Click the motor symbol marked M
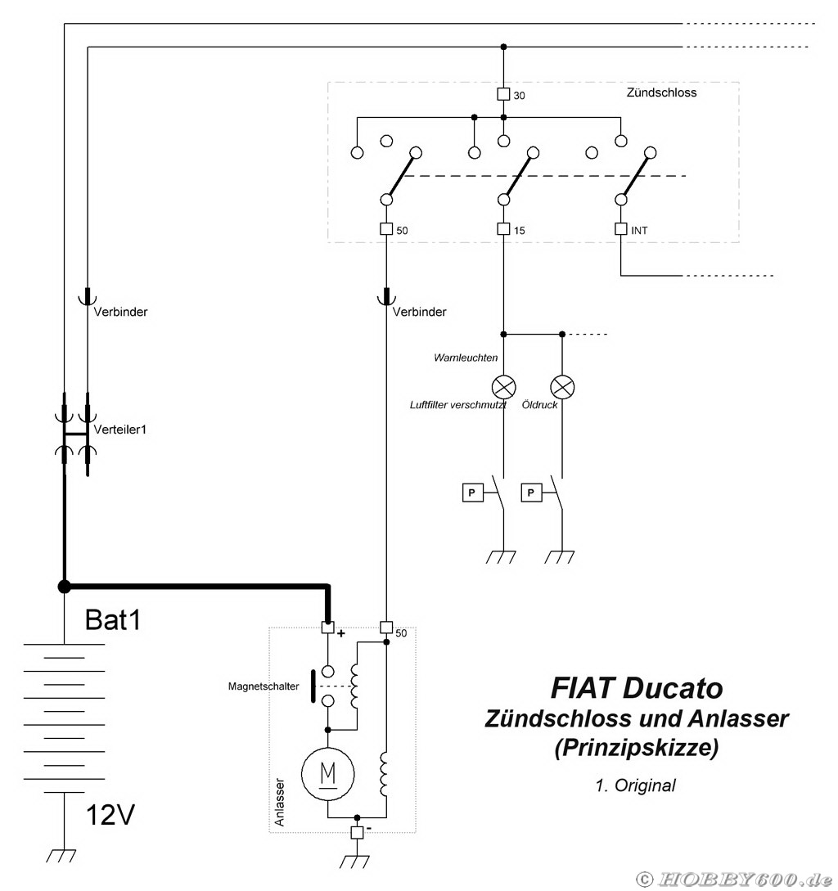328,772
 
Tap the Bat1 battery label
114,620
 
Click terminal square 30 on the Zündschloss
503,94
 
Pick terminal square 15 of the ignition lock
503,230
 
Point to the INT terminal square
620,230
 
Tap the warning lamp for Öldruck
562,385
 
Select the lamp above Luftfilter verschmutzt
502,385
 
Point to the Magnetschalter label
264,686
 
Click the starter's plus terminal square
327,628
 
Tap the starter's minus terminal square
357,832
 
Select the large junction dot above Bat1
64,586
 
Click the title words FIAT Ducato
636,687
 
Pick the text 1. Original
636,785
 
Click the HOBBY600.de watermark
734,879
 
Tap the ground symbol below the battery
62,855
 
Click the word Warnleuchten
466,358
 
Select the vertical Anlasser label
279,802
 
